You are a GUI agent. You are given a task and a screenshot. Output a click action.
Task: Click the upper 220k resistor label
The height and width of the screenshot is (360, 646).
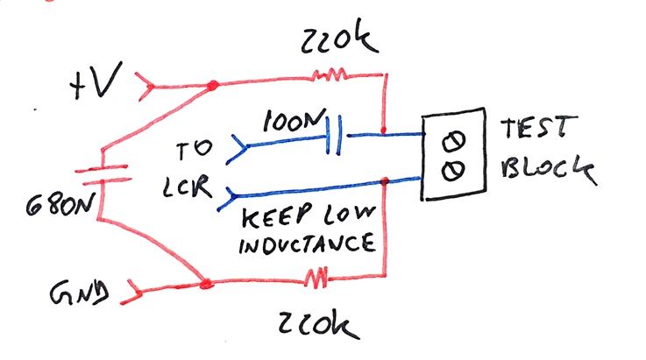tap(337, 40)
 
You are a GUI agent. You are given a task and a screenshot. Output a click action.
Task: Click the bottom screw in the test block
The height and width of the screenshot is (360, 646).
tap(455, 170)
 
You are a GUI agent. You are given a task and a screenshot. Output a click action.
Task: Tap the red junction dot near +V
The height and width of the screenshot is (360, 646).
tap(211, 87)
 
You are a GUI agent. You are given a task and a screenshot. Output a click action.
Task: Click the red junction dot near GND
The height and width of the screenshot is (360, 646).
tap(205, 284)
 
